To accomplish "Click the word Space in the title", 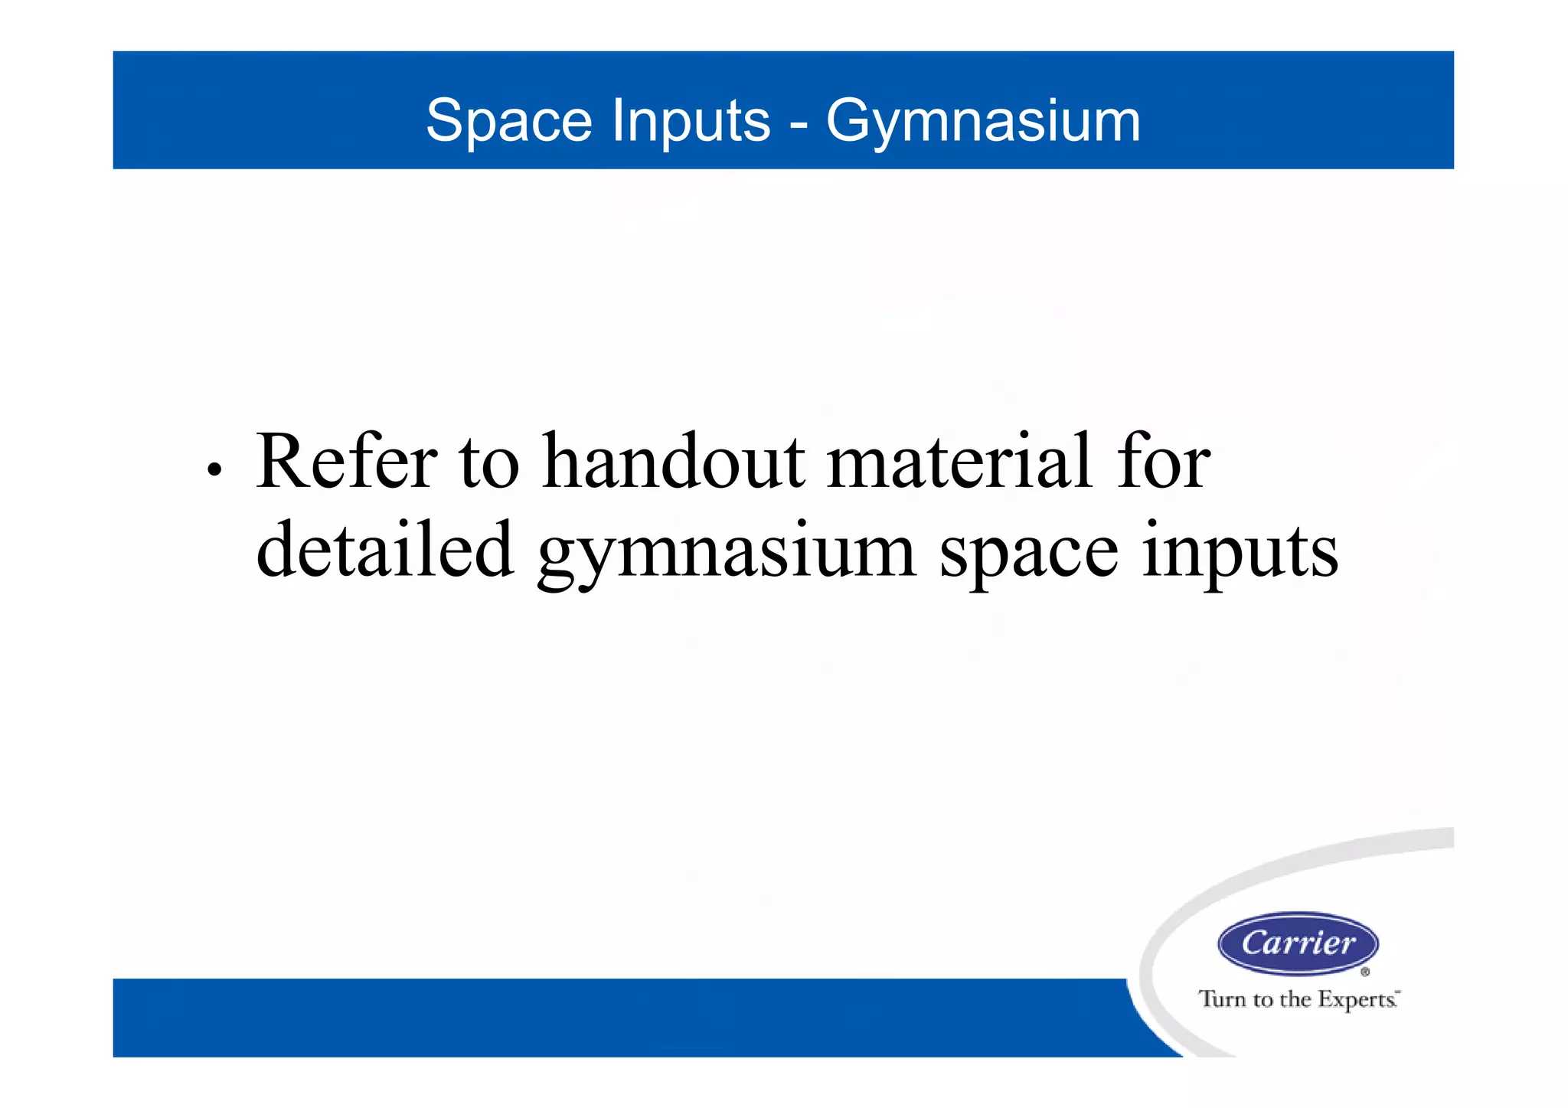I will pyautogui.click(x=508, y=121).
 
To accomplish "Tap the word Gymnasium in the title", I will pyautogui.click(x=983, y=121).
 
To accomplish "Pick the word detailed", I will pyautogui.click(x=384, y=549).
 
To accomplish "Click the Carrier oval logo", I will pyautogui.click(x=1298, y=943).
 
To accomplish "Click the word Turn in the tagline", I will pyautogui.click(x=1223, y=999).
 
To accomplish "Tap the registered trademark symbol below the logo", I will pyautogui.click(x=1365, y=972).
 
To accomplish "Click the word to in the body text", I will pyautogui.click(x=489, y=462).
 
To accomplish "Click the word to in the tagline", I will pyautogui.click(x=1263, y=999).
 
